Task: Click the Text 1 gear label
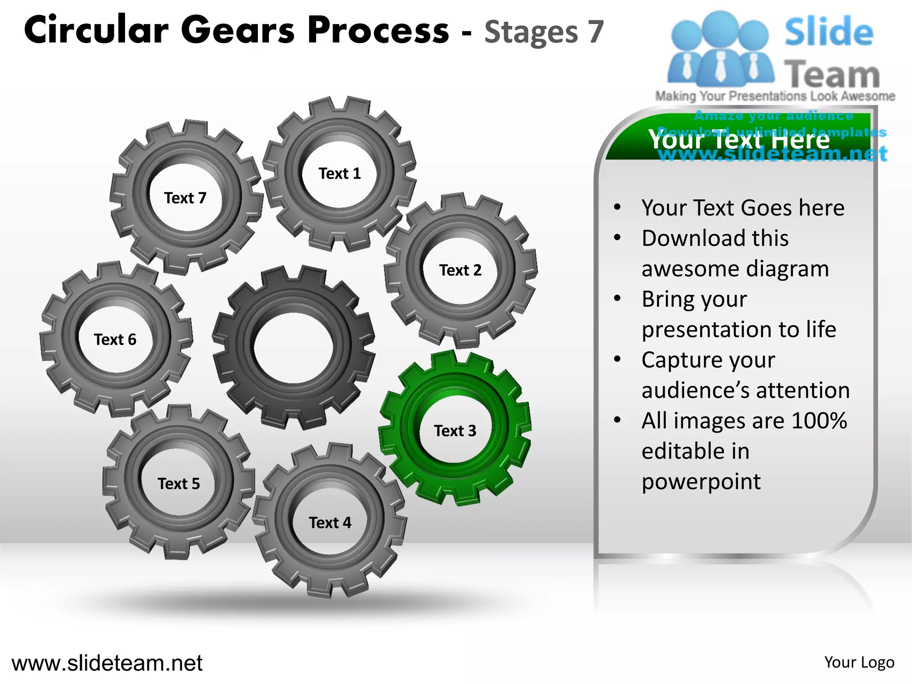pyautogui.click(x=339, y=173)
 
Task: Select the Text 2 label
pyautogui.click(x=460, y=270)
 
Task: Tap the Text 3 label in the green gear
pyautogui.click(x=455, y=431)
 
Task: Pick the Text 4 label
pyautogui.click(x=330, y=523)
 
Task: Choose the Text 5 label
pyautogui.click(x=179, y=484)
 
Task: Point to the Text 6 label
pyautogui.click(x=115, y=340)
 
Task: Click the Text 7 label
pyautogui.click(x=185, y=198)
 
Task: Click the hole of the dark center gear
pyautogui.click(x=293, y=347)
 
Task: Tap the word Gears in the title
pyautogui.click(x=238, y=30)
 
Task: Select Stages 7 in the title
pyautogui.click(x=544, y=32)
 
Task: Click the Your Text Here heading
pyautogui.click(x=739, y=140)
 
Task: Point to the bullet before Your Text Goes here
pyautogui.click(x=617, y=207)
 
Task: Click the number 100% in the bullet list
pyautogui.click(x=819, y=421)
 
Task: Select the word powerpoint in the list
pyautogui.click(x=701, y=481)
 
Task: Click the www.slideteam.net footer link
pyautogui.click(x=107, y=663)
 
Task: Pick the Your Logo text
pyautogui.click(x=859, y=663)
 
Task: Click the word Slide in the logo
pyautogui.click(x=828, y=32)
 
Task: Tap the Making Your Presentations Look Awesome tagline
pyautogui.click(x=775, y=96)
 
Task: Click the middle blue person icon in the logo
pyautogui.click(x=721, y=49)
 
